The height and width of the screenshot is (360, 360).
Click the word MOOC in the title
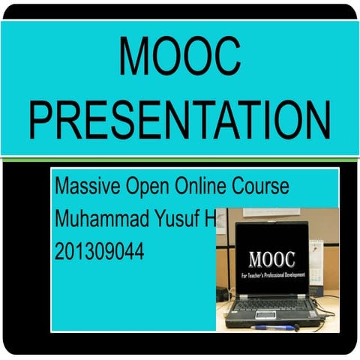179,57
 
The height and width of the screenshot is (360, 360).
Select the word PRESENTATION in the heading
180,120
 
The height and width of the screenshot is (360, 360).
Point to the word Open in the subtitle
145,187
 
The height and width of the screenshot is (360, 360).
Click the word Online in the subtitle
200,186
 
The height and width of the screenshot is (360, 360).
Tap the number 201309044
99,253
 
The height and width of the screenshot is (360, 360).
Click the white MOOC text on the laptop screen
271,260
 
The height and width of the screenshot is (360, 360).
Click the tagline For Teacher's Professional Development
271,276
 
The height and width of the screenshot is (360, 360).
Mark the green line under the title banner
180,157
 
